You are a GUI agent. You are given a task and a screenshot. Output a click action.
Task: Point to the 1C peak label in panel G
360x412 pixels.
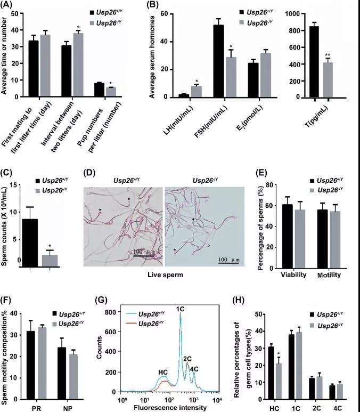(x=181, y=308)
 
